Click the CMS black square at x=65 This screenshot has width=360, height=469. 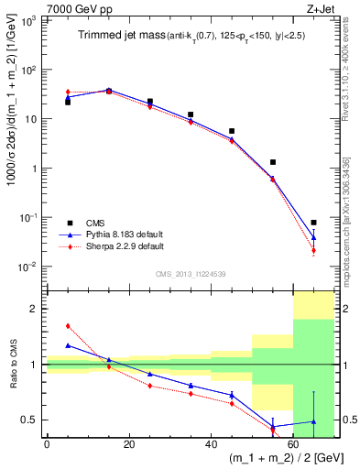coord(313,223)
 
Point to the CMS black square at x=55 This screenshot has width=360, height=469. coord(273,162)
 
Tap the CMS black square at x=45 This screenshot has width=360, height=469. coord(232,131)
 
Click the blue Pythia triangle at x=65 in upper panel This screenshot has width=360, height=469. coord(313,237)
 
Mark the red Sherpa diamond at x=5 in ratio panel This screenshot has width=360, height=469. coord(68,325)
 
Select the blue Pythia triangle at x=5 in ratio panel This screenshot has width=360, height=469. coord(68,345)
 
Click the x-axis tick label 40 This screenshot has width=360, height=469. coord(211,444)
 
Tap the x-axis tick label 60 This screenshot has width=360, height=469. coord(292,444)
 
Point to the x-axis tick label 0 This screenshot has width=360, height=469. coord(47,444)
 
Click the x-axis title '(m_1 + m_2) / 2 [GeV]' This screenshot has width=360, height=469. coord(281,459)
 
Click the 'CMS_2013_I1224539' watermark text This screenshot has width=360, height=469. coord(190,273)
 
